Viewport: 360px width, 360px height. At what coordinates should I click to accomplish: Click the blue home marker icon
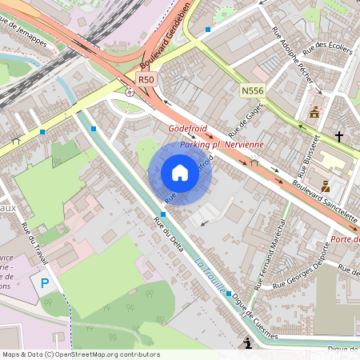179,172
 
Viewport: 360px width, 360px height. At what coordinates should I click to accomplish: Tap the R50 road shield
145,79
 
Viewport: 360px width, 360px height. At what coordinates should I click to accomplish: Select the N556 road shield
253,92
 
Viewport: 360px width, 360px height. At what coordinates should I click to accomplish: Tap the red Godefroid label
187,129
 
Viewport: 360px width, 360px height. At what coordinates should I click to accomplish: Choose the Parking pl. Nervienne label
222,144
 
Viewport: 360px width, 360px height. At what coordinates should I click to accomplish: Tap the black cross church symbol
338,137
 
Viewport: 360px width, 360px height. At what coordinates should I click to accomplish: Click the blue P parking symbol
45,282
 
